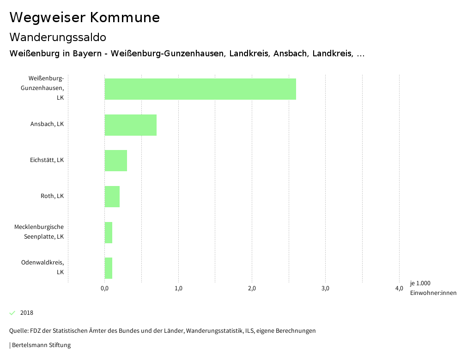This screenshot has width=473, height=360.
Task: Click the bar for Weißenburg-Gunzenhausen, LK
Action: point(200,89)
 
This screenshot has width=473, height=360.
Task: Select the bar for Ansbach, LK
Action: point(131,125)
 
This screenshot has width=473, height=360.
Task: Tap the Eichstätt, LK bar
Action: point(116,161)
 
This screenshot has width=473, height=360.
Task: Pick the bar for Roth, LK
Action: point(112,197)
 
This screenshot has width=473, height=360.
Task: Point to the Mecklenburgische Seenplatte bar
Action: point(109,232)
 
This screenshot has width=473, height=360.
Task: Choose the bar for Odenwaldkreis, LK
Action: point(109,268)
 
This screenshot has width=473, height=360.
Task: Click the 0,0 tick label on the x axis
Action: point(104,289)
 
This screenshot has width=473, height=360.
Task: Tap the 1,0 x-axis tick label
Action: point(178,289)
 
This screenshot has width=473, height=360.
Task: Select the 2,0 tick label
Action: point(252,289)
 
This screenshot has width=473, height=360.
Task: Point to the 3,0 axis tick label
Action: point(325,289)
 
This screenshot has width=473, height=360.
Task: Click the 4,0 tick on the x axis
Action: point(399,289)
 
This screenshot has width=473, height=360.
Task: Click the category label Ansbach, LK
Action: point(47,124)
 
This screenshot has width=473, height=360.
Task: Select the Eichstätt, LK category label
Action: point(47,160)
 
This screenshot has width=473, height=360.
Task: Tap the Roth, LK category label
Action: point(52,196)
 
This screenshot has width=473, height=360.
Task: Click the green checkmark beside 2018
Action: point(12,313)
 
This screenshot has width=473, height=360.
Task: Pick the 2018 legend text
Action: point(27,313)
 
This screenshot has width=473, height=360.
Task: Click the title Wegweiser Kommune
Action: point(85,18)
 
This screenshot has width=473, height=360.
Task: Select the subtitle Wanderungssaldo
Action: point(58,37)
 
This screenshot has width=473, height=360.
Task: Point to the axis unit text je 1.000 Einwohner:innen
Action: point(433,288)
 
